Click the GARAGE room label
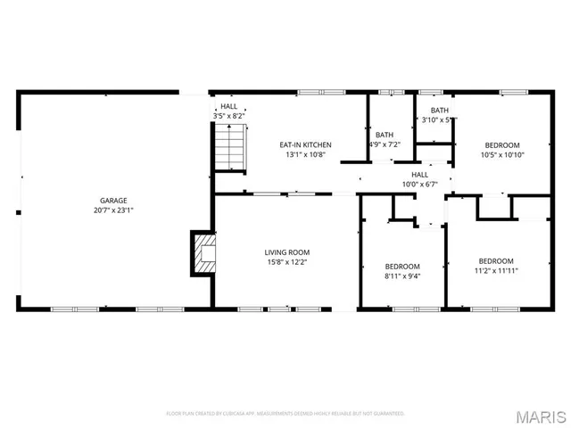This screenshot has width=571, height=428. click(x=113, y=200)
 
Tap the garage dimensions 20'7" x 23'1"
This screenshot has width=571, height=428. click(x=113, y=210)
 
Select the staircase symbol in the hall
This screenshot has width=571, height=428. click(x=230, y=145)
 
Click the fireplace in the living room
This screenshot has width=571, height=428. click(x=204, y=253)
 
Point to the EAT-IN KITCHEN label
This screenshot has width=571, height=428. click(x=305, y=144)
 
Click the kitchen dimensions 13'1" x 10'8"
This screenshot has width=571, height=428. click(x=305, y=155)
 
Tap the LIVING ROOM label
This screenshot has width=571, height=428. click(x=287, y=252)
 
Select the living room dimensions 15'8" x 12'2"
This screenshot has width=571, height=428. click(x=287, y=263)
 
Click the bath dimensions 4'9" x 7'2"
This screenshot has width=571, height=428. click(x=385, y=144)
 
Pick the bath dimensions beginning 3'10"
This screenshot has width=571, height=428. click(x=438, y=119)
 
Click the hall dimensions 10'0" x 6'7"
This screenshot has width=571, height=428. click(x=419, y=185)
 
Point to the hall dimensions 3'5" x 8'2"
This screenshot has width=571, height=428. click(x=228, y=116)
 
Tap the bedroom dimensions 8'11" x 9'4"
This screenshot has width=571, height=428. click(x=401, y=276)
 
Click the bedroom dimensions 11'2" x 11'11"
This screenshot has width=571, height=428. click(x=496, y=270)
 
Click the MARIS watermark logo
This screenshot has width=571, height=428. click(x=542, y=416)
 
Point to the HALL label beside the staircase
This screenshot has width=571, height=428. click(x=228, y=106)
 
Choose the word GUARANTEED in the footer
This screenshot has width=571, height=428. click(x=387, y=414)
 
